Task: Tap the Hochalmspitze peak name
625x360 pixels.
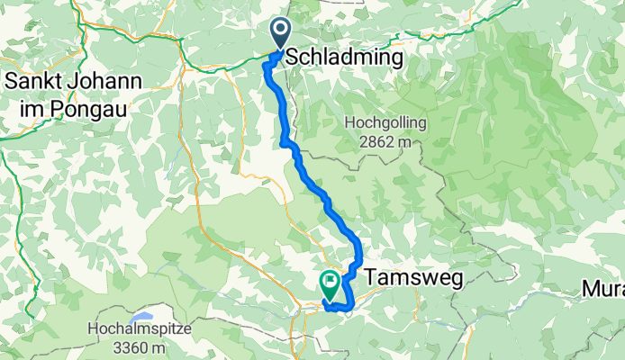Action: tap(140, 329)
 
